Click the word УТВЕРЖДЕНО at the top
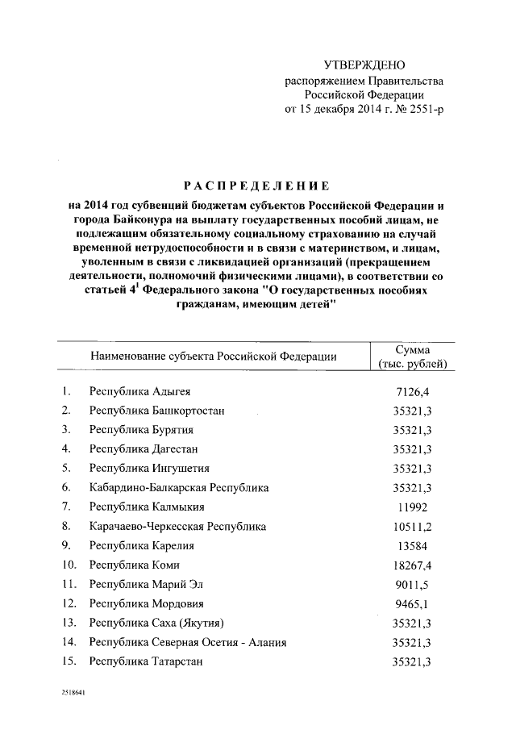coord(364,65)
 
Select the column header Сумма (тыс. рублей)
coord(411,356)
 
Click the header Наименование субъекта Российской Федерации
coord(213,356)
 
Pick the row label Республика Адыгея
coord(140,392)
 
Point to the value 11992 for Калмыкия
coord(411,507)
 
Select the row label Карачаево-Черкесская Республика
coord(177,527)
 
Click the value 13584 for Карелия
coord(411,546)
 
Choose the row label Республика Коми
coord(134,565)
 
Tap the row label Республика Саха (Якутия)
coord(156,624)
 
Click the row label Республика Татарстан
coord(146,661)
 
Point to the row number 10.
coord(69,565)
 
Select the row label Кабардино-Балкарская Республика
coord(179,488)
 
